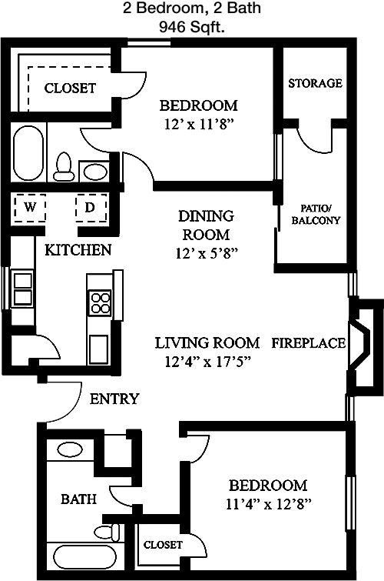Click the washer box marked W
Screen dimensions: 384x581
pos(30,208)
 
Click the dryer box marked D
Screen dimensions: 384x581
pos(91,208)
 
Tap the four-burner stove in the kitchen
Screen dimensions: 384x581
pos(100,302)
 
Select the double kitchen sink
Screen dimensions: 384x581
pos(22,289)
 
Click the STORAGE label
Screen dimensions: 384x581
pos(315,83)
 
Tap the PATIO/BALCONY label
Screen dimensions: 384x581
pos(316,214)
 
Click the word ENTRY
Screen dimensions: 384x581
pos(114,399)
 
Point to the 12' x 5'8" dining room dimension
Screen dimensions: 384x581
pos(207,253)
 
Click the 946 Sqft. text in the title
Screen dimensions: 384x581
pos(192,27)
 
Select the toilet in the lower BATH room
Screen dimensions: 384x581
pos(108,533)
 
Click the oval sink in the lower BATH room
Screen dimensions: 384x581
pos(70,450)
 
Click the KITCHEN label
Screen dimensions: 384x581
pos(78,250)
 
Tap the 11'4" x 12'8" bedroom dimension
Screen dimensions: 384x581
pos(268,504)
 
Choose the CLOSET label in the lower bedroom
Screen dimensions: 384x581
pos(163,545)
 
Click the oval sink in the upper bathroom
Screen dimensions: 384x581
pos(96,172)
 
